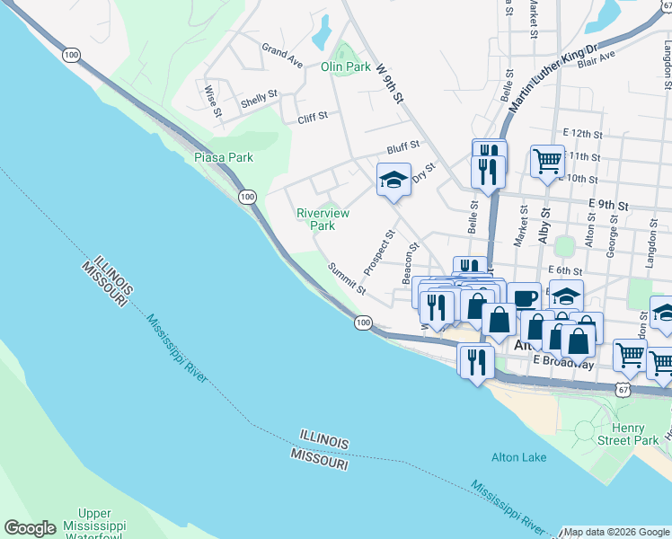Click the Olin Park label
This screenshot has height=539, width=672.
[x=346, y=66]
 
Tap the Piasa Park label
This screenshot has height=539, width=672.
[x=224, y=157]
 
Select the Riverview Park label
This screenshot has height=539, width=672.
[x=323, y=219]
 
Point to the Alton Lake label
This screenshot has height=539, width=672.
[x=518, y=457]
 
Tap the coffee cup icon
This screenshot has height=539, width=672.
[x=524, y=297]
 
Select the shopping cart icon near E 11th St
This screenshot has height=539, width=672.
[x=547, y=161]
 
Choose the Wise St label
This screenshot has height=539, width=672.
[x=213, y=101]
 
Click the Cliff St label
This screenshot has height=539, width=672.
[x=313, y=117]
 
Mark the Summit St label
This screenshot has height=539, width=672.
[x=346, y=278]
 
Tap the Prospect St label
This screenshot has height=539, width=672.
[x=379, y=253]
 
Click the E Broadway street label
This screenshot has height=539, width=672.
[x=563, y=360]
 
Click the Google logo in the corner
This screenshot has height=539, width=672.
[x=30, y=528]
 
